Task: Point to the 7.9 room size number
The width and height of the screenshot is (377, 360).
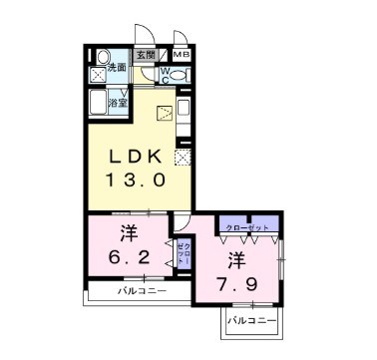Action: click(235, 286)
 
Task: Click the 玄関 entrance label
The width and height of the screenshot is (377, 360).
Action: click(146, 56)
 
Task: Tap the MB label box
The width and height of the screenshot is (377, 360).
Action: click(182, 56)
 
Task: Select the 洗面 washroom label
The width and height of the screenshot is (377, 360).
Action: click(117, 68)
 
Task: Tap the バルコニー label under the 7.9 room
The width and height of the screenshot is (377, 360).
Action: click(249, 320)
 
